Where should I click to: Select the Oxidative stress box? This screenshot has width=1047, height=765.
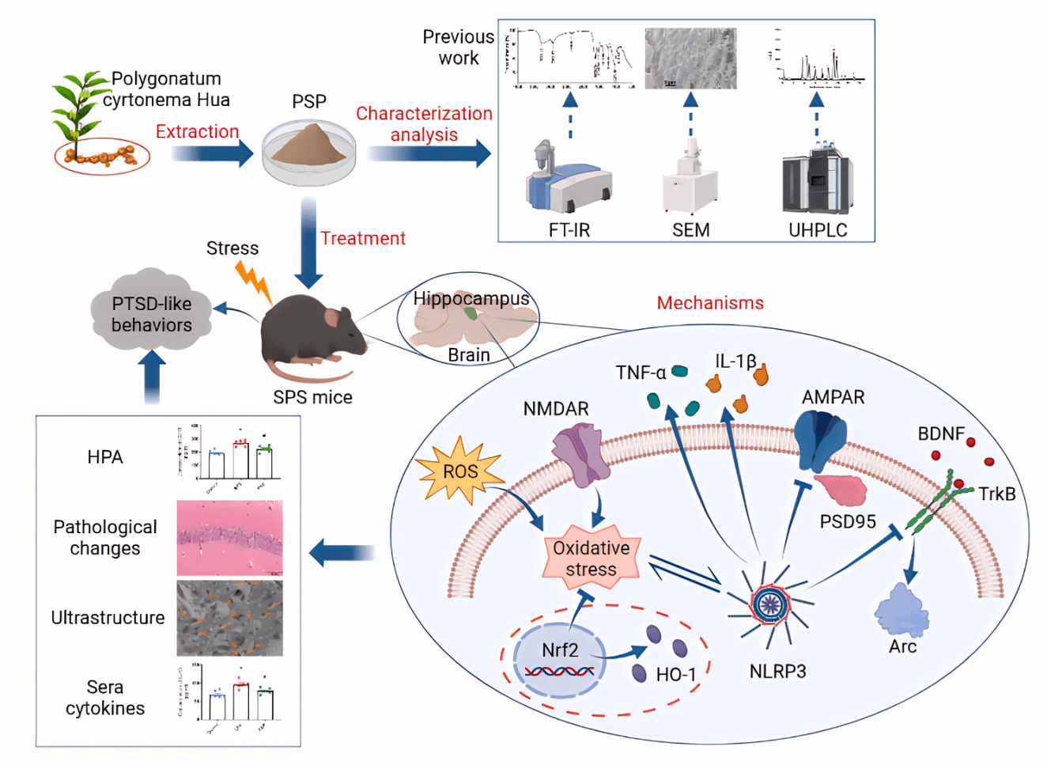[592, 559]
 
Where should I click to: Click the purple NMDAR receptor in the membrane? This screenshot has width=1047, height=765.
[583, 454]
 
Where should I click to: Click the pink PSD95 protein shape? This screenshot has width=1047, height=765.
[841, 488]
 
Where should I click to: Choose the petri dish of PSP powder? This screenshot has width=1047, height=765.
[309, 150]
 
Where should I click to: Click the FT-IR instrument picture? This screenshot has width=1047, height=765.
[568, 178]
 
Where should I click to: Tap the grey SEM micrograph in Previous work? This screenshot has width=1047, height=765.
[690, 59]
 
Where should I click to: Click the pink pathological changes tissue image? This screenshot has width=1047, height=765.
[229, 537]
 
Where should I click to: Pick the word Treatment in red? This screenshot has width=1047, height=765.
[363, 238]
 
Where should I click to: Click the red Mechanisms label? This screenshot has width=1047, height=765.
[710, 303]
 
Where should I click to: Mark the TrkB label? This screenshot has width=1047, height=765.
[996, 494]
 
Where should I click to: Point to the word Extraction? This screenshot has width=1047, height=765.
[197, 131]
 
